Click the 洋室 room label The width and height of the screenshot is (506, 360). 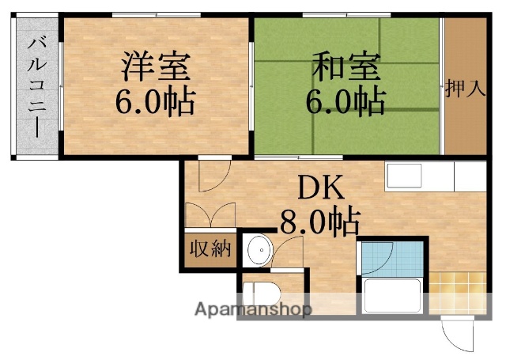click(155, 66)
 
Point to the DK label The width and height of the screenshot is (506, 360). click(320, 188)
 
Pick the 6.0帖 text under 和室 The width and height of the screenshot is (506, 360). click(346, 100)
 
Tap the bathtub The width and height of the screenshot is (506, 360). click(393, 296)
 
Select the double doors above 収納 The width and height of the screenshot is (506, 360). click(210, 214)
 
